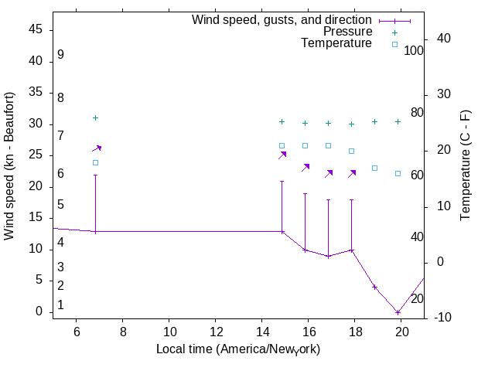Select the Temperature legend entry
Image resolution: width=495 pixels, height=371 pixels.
click(336, 43)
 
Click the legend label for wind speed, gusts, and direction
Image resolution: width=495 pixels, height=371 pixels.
click(282, 19)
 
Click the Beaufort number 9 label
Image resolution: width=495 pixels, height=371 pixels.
click(60, 55)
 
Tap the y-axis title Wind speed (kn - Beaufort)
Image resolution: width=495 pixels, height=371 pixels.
click(10, 166)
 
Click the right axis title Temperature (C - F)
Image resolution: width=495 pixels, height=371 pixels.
click(466, 165)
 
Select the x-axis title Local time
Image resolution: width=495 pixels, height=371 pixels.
click(238, 349)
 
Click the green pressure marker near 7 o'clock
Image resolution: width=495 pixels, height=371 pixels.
click(96, 117)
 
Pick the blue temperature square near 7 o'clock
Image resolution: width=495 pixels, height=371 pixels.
click(96, 162)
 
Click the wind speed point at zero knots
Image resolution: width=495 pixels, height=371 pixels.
click(398, 312)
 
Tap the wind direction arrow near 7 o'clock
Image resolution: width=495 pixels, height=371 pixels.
click(97, 148)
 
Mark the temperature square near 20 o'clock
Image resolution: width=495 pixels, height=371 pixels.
click(398, 173)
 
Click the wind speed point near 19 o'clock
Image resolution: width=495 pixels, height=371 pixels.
click(374, 287)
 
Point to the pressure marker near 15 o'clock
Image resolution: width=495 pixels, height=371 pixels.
click(282, 121)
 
